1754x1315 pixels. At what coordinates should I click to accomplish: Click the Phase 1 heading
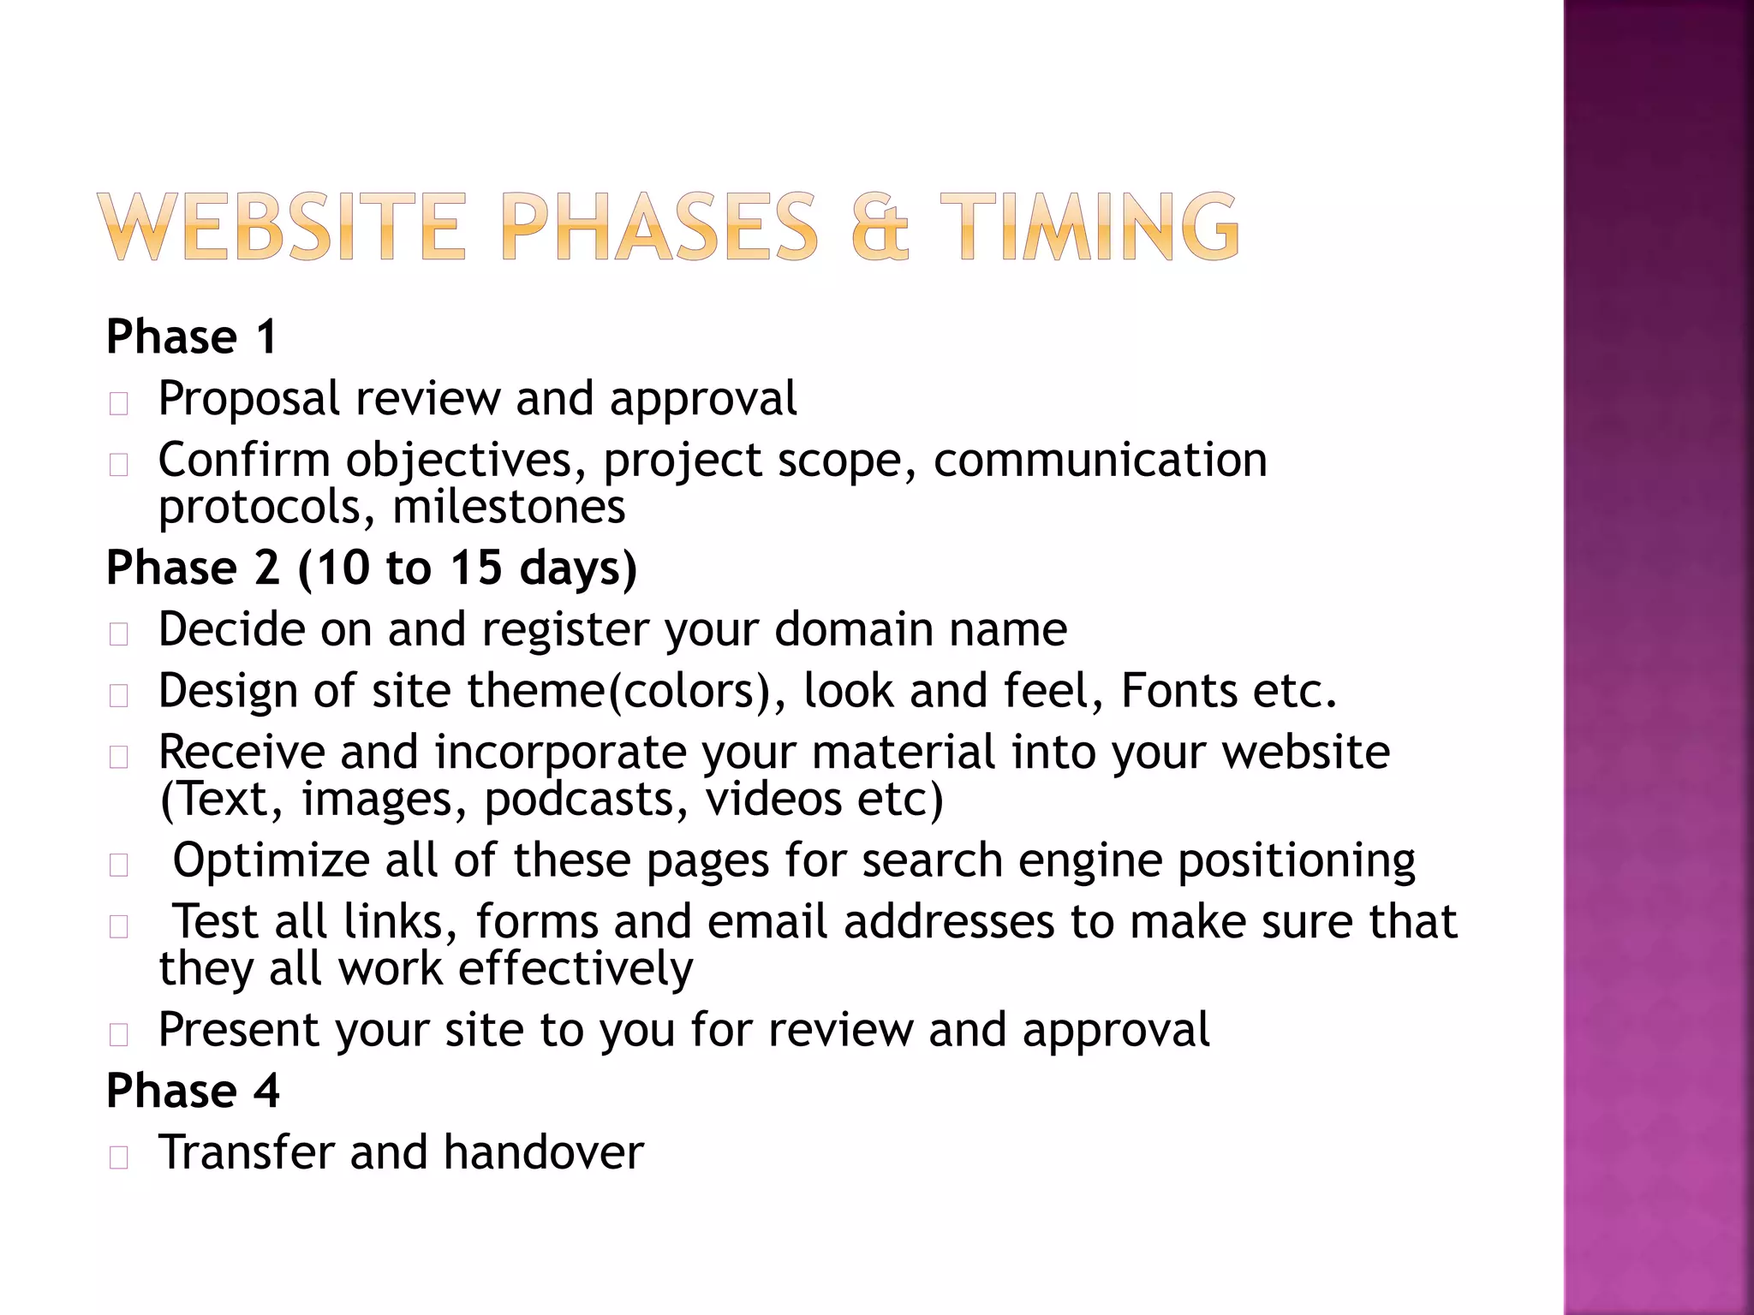click(x=192, y=336)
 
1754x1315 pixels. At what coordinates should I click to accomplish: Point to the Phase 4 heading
click(x=193, y=1091)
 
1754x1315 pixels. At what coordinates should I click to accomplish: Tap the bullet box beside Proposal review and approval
click(x=119, y=403)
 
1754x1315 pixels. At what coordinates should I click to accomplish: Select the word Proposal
click(x=249, y=400)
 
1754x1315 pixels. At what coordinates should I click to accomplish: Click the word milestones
click(x=509, y=507)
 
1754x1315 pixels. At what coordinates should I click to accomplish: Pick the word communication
click(x=1100, y=461)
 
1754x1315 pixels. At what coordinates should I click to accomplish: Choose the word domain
click(x=854, y=630)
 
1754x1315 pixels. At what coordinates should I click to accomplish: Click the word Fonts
click(x=1179, y=691)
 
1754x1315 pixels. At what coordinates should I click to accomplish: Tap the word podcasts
click(x=586, y=800)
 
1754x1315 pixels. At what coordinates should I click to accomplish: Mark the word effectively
click(x=576, y=969)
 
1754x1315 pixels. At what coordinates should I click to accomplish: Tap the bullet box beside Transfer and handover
click(x=119, y=1157)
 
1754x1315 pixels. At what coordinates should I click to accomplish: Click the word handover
click(x=543, y=1152)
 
